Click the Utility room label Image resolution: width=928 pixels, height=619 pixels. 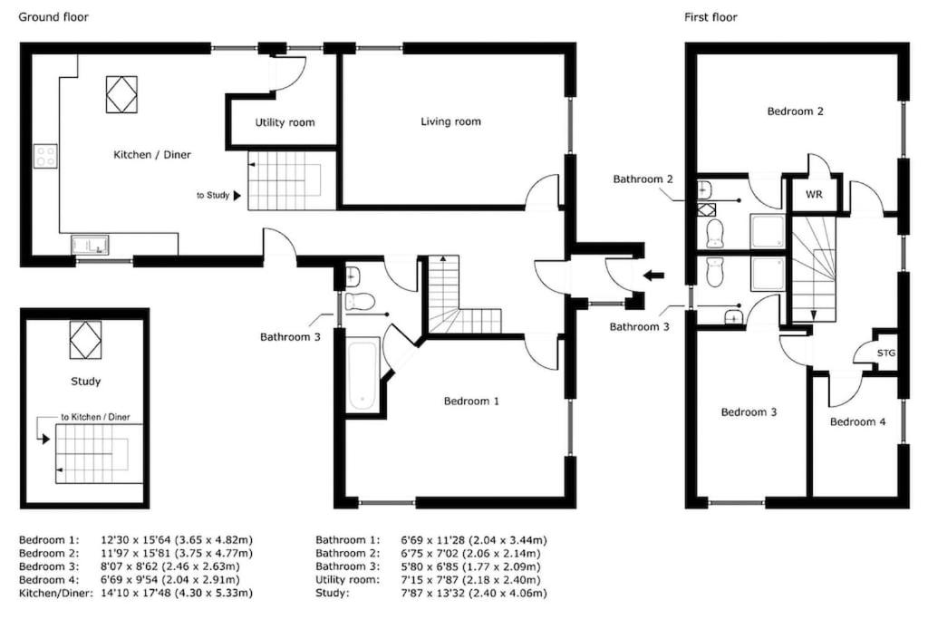(x=285, y=122)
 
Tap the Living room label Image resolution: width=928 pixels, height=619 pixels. (x=450, y=121)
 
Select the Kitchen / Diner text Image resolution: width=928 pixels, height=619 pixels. (x=152, y=154)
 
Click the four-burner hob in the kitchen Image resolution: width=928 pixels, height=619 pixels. (x=45, y=156)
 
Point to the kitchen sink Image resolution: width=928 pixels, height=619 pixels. (x=90, y=245)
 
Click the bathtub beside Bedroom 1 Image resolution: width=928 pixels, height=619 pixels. (x=362, y=374)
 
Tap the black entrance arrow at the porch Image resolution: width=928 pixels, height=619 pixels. (x=653, y=276)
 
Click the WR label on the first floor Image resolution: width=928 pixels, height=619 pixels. (x=814, y=194)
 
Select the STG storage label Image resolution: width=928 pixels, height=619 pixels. (x=886, y=353)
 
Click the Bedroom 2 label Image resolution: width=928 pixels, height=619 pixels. (x=795, y=111)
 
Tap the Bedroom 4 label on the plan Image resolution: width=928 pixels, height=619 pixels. (x=857, y=422)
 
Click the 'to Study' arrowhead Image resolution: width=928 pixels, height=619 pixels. (x=237, y=195)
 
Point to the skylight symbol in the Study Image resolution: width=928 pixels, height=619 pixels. (x=85, y=340)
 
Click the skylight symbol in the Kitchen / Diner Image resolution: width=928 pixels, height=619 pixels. (x=122, y=94)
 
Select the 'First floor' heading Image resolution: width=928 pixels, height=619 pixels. (x=710, y=17)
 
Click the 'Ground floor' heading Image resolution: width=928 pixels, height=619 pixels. (x=53, y=17)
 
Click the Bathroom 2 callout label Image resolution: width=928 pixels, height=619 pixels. (x=643, y=179)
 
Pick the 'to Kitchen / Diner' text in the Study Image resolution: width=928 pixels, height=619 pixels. (x=95, y=417)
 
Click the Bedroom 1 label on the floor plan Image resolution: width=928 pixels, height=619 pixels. (x=471, y=401)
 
